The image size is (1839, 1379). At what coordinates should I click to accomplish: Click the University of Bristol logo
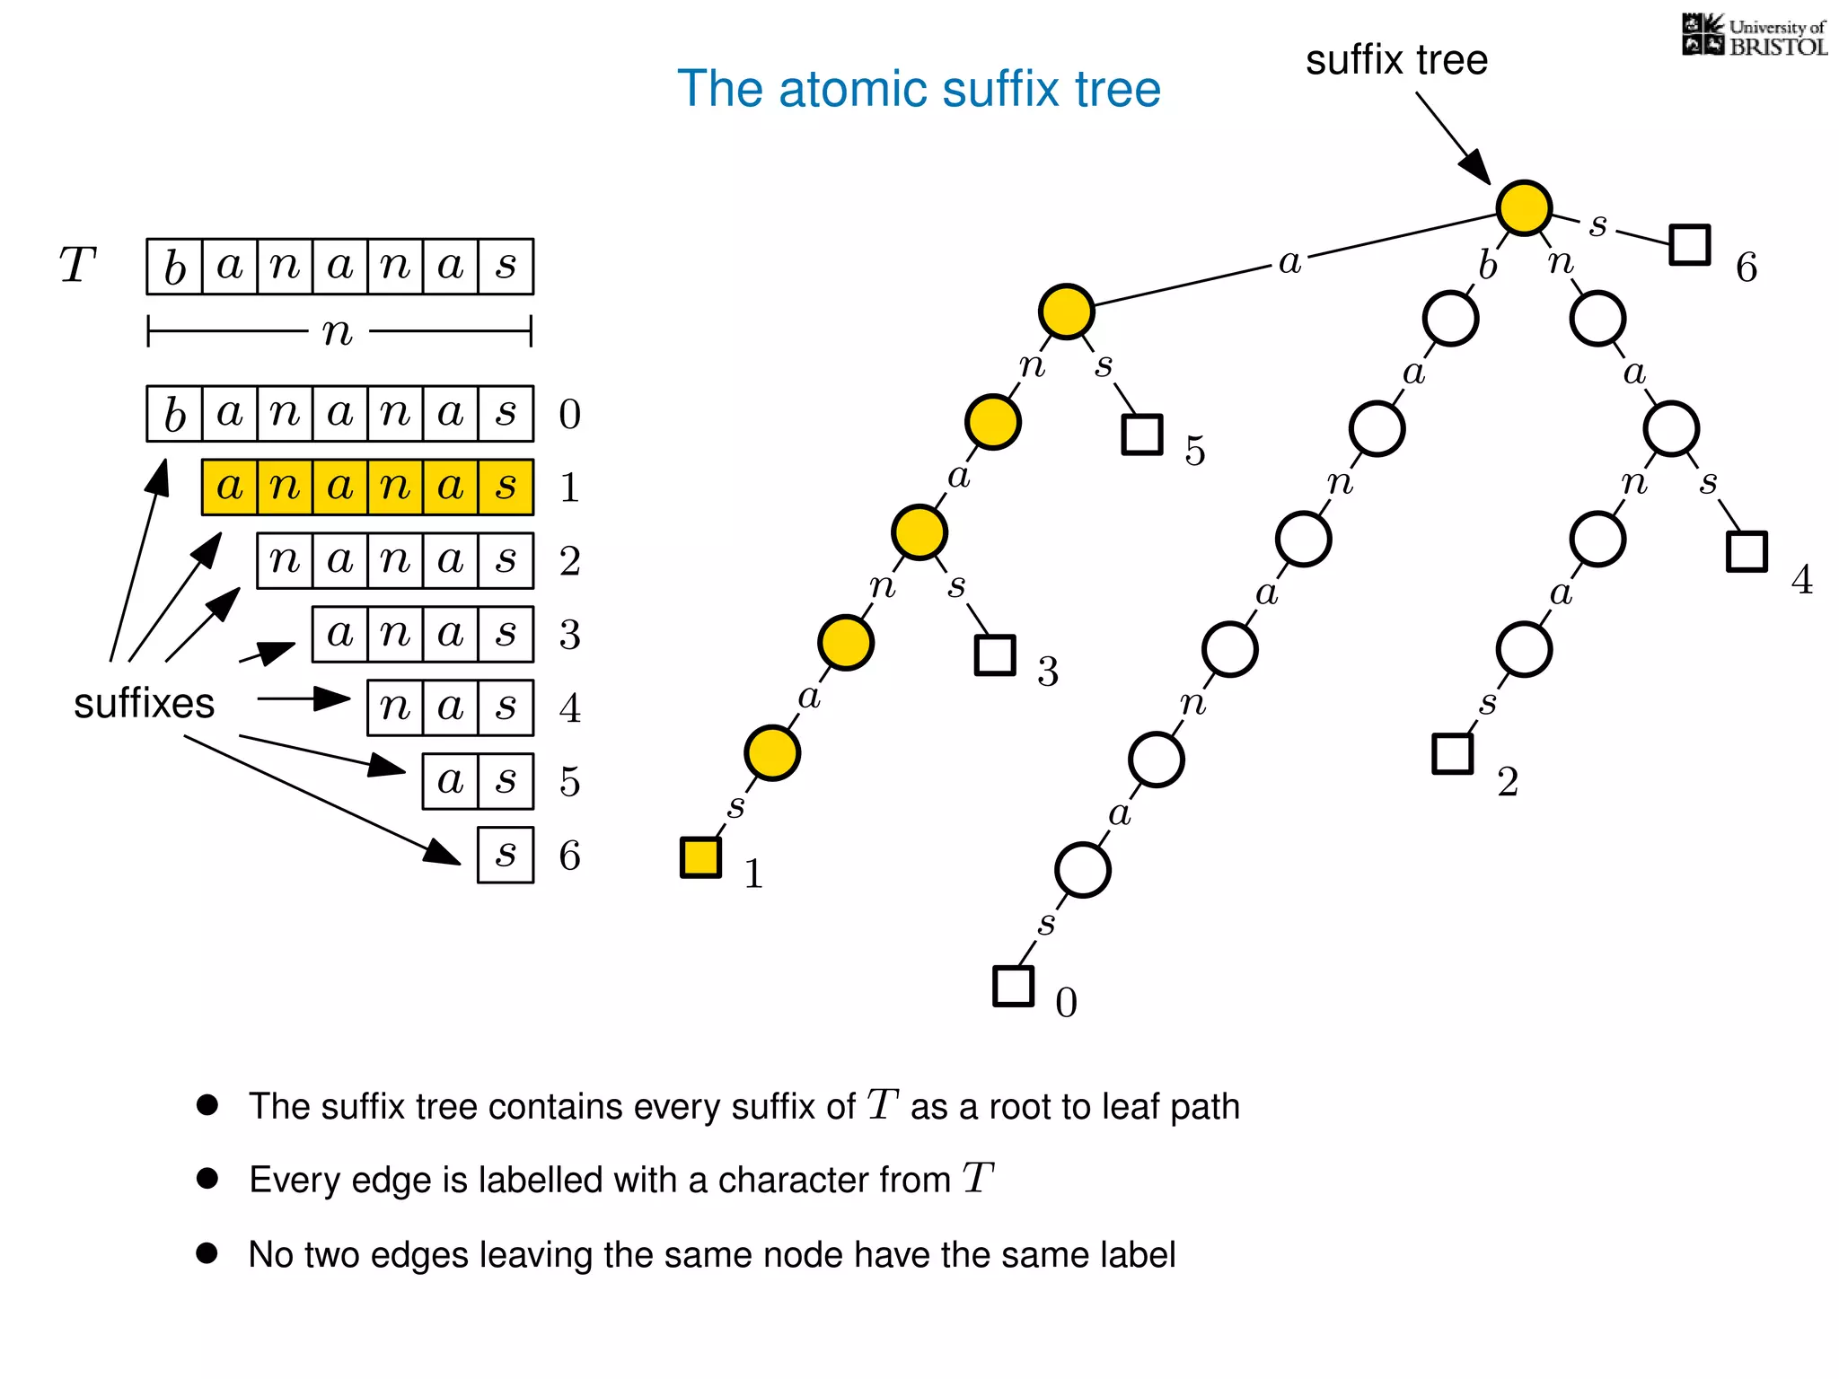pyautogui.click(x=1754, y=36)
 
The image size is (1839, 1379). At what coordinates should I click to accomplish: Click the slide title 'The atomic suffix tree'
pyautogui.click(x=919, y=89)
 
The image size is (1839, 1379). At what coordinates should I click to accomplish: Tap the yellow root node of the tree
pyautogui.click(x=1524, y=207)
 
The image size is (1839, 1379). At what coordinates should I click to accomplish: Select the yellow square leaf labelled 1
pyautogui.click(x=700, y=857)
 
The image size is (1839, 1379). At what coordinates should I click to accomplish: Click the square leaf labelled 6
pyautogui.click(x=1689, y=244)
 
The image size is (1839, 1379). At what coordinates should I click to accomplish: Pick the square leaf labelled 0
pyautogui.click(x=1013, y=986)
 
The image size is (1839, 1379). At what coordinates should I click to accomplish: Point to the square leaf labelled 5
pyautogui.click(x=1142, y=435)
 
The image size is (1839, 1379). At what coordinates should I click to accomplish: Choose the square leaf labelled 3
pyautogui.click(x=995, y=655)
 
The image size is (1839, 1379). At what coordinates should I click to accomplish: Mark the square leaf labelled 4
pyautogui.click(x=1747, y=551)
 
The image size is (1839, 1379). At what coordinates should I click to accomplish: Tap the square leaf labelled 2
pyautogui.click(x=1452, y=753)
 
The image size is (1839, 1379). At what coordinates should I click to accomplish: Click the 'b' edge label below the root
pyautogui.click(x=1488, y=266)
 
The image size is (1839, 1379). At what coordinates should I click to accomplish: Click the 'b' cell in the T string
pyautogui.click(x=175, y=267)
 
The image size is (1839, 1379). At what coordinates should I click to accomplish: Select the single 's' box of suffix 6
pyautogui.click(x=506, y=855)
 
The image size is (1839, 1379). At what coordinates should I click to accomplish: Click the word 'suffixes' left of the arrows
pyautogui.click(x=144, y=703)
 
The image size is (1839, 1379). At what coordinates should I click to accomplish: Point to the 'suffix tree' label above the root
pyautogui.click(x=1396, y=60)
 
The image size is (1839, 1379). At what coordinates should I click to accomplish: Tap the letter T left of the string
pyautogui.click(x=77, y=266)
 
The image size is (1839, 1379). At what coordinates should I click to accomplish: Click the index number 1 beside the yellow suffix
pyautogui.click(x=569, y=487)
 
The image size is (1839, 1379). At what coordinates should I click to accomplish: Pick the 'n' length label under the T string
pyautogui.click(x=338, y=332)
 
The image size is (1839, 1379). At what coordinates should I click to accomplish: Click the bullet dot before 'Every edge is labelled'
pyautogui.click(x=207, y=1178)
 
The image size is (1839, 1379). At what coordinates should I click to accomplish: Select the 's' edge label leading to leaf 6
pyautogui.click(x=1597, y=224)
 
